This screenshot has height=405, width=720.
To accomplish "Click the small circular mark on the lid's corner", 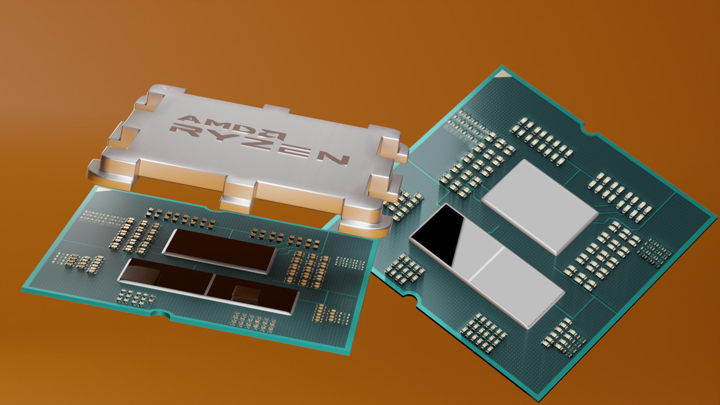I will [x=162, y=88].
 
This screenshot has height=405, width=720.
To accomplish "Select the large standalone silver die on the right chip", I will [x=540, y=206].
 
